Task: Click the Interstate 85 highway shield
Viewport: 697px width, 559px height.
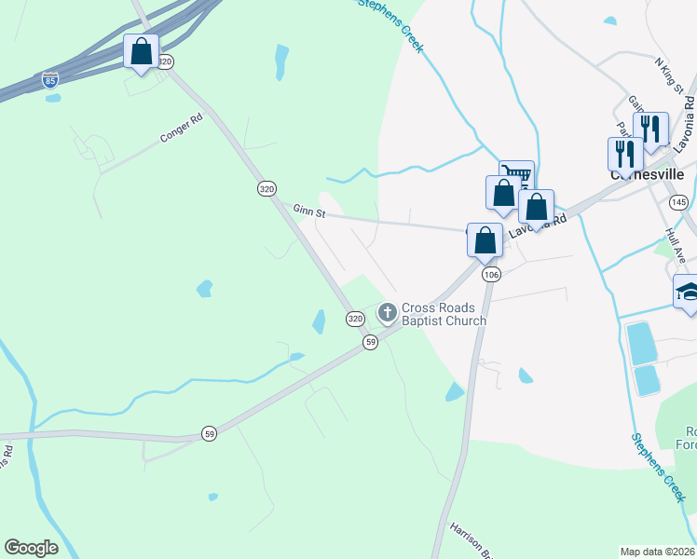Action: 50,79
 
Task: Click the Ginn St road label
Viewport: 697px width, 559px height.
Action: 307,212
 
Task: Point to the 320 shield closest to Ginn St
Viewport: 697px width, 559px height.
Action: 267,188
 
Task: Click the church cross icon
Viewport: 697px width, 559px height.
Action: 387,310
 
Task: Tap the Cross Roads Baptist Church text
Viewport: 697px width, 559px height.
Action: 444,315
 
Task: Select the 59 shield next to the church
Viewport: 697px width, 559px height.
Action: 370,343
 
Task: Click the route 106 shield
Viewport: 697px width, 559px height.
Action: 492,274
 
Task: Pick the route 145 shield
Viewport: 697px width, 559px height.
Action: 678,202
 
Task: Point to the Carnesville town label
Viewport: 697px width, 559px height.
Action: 647,174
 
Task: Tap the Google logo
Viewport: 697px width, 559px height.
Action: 32,548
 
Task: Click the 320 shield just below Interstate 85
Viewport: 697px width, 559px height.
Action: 165,61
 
